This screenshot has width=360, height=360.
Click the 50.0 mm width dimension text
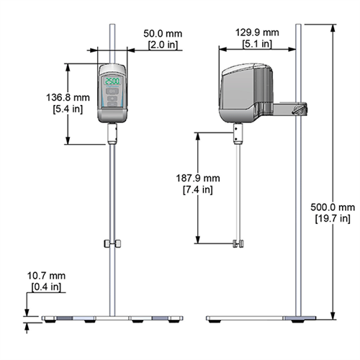(162, 33)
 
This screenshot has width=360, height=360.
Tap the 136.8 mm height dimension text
(34, 98)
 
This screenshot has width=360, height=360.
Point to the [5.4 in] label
(34, 109)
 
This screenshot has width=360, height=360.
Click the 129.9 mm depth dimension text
(257, 32)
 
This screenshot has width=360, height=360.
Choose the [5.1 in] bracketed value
(257, 44)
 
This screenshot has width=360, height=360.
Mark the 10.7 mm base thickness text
(47, 276)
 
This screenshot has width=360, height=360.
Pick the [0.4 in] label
(47, 287)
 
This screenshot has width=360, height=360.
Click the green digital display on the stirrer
(112, 81)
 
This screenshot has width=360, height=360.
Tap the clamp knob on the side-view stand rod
(298, 110)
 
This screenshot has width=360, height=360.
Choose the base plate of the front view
(111, 318)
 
